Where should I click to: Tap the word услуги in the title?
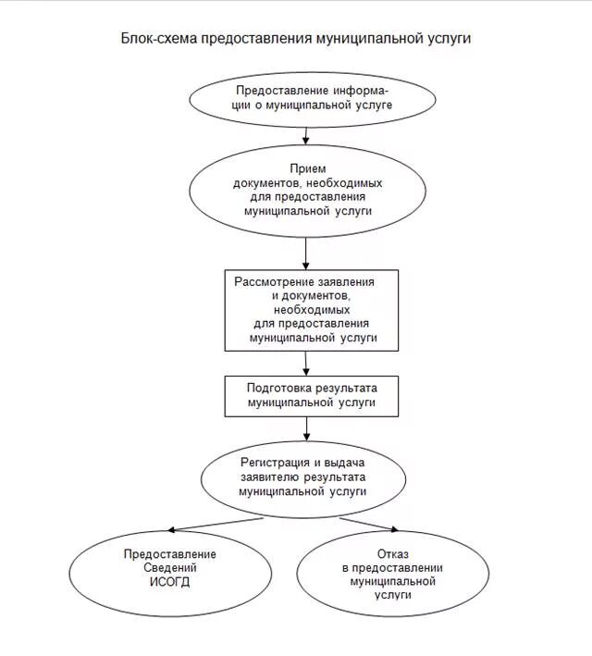[x=449, y=39]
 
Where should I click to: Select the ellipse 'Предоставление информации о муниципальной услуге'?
[x=312, y=99]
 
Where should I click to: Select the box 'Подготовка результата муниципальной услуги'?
[x=312, y=395]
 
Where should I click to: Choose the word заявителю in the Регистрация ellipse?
[x=267, y=477]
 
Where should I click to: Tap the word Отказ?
[x=393, y=553]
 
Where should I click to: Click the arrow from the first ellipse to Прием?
[x=306, y=133]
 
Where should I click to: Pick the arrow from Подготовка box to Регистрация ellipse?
[x=306, y=427]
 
